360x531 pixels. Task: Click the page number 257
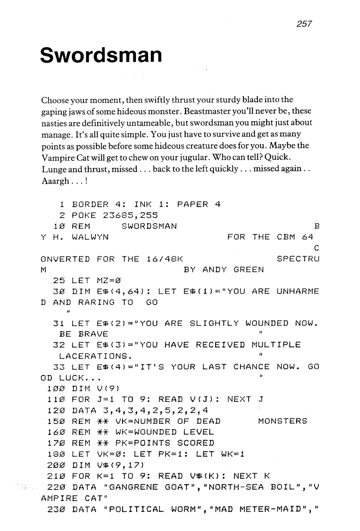point(303,24)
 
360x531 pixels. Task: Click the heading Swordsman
point(101,55)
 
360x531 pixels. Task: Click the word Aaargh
point(56,180)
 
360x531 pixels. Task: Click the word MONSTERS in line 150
point(282,421)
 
